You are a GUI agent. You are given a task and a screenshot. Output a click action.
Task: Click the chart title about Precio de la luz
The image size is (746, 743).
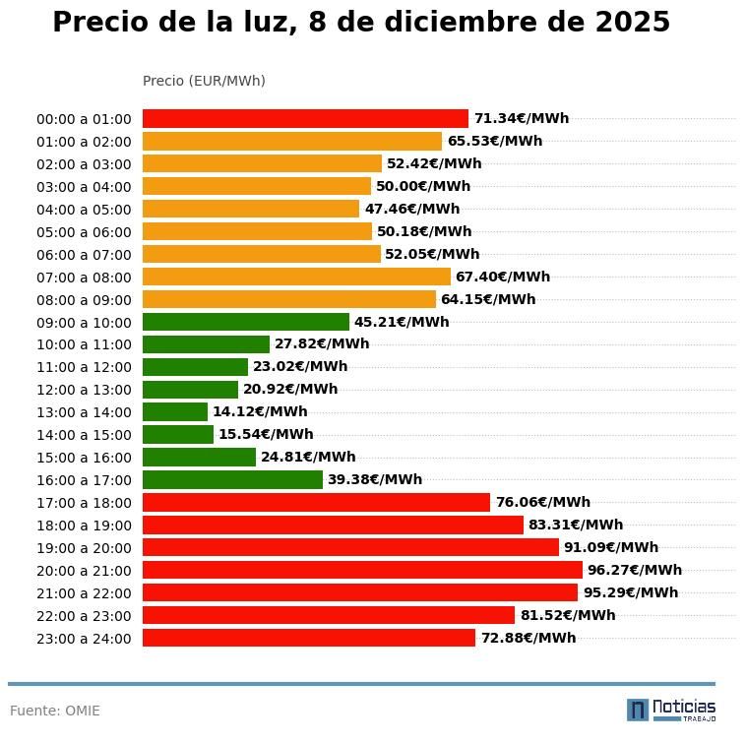pyautogui.click(x=360, y=23)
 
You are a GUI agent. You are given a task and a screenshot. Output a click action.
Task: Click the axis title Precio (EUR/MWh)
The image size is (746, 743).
pyautogui.click(x=204, y=81)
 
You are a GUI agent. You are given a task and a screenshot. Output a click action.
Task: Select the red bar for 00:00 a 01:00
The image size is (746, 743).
pyautogui.click(x=305, y=118)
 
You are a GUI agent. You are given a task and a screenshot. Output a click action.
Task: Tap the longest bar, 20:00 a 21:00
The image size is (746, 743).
pyautogui.click(x=362, y=570)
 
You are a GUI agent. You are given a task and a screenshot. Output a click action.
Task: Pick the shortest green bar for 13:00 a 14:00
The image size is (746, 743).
pyautogui.click(x=175, y=411)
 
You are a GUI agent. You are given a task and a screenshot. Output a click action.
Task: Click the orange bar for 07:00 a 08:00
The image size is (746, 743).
pyautogui.click(x=296, y=277)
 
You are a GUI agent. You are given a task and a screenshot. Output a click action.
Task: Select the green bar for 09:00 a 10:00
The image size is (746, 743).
pyautogui.click(x=246, y=322)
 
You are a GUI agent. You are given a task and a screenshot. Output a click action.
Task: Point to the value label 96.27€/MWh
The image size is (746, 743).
pyautogui.click(x=634, y=570)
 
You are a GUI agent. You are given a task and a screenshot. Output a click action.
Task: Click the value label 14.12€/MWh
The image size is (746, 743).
pyautogui.click(x=260, y=411)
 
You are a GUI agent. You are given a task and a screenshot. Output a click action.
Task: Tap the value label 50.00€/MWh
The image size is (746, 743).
pyautogui.click(x=422, y=186)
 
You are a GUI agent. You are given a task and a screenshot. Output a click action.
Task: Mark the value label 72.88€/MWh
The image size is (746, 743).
pyautogui.click(x=528, y=638)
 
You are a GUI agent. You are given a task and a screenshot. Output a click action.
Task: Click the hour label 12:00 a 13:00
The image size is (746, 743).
pyautogui.click(x=84, y=390)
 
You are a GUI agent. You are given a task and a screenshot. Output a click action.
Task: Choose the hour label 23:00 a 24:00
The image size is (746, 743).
pyautogui.click(x=84, y=639)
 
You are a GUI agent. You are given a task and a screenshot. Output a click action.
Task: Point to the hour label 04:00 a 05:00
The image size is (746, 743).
pyautogui.click(x=84, y=210)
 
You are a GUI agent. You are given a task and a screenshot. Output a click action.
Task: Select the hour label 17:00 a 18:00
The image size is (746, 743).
pyautogui.click(x=84, y=503)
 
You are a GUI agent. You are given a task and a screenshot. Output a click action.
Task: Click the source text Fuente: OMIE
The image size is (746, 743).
pyautogui.click(x=55, y=711)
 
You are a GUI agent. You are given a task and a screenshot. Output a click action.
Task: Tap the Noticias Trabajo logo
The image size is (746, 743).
pyautogui.click(x=670, y=710)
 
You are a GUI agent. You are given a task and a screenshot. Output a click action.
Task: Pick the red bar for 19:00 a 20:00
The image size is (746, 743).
pyautogui.click(x=350, y=547)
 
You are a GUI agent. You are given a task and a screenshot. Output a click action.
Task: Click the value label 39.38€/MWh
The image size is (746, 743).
pyautogui.click(x=374, y=479)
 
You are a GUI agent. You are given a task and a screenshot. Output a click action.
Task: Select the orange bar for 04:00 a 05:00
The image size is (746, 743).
pyautogui.click(x=251, y=209)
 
